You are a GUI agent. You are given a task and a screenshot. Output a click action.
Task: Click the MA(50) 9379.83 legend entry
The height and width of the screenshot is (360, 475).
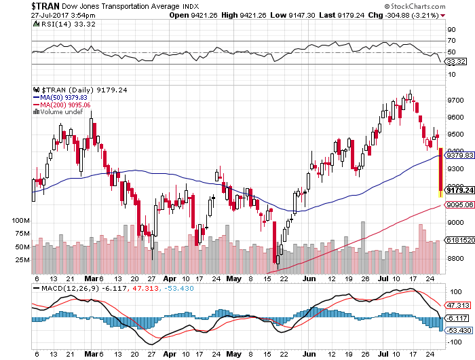click(x=61, y=96)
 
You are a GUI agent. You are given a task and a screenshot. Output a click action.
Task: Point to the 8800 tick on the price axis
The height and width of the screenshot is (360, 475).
click(x=455, y=259)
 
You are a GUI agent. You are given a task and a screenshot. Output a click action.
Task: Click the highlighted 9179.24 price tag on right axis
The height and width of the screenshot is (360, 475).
click(x=457, y=190)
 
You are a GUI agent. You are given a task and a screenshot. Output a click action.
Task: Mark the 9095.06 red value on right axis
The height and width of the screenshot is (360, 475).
click(x=457, y=204)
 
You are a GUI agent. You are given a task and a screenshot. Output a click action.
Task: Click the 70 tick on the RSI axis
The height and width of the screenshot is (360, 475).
click(x=449, y=41)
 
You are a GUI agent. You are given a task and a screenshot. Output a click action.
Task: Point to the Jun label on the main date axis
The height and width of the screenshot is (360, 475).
click(x=308, y=278)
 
